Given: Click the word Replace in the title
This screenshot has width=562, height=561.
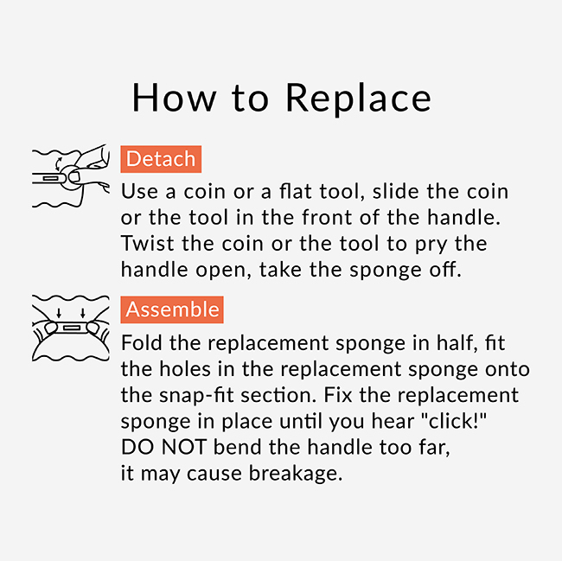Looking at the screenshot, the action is coord(359,98).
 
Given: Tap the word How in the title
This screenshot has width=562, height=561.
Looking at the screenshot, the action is coord(174,98).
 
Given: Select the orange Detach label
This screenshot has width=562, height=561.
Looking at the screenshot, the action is coord(161,159).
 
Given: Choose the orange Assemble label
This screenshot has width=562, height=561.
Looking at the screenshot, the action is coord(172,309).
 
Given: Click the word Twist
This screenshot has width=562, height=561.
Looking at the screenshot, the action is coord(147,244).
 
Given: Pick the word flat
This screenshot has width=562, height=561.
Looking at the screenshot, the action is coord(296,191).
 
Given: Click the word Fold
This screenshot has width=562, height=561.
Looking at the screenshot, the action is coord(142,342).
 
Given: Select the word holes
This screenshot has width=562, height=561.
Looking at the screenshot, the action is coord(184,368).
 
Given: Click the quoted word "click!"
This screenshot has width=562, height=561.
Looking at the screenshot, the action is coord(453,420).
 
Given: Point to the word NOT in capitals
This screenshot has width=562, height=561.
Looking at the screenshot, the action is coord(183,447).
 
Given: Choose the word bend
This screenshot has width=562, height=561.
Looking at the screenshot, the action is coord(237,447).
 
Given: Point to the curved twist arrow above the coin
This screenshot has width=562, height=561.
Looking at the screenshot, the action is coord(58,163).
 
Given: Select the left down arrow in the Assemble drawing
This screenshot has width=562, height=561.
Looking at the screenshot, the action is coord(59,313).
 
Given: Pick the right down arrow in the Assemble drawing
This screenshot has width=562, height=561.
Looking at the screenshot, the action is coord(83,313).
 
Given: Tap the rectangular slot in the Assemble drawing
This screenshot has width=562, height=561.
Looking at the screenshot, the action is coord(72,328).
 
